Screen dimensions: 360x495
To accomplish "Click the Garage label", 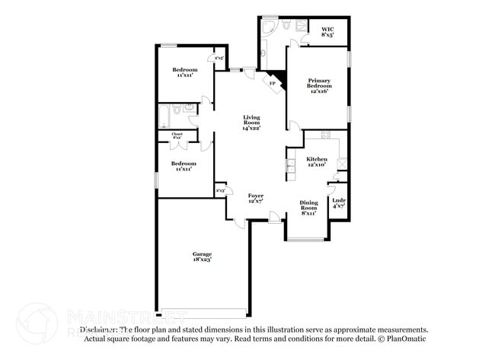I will pyautogui.click(x=202, y=254).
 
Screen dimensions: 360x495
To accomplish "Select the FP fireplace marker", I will pyautogui.click(x=272, y=82).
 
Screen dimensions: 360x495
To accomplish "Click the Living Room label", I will pyautogui.click(x=251, y=119).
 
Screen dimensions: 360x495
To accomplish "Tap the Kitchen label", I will pyautogui.click(x=317, y=159).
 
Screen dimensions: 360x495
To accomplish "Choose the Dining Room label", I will pyautogui.click(x=308, y=205).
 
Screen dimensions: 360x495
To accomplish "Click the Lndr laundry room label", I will pyautogui.click(x=340, y=201).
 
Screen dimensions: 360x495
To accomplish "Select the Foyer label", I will pyautogui.click(x=256, y=196).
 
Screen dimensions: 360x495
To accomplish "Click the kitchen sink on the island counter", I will pyautogui.click(x=290, y=165).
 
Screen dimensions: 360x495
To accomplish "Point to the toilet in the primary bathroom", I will pyautogui.click(x=286, y=25).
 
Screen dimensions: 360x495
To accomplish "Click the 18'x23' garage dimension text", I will pyautogui.click(x=202, y=260).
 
